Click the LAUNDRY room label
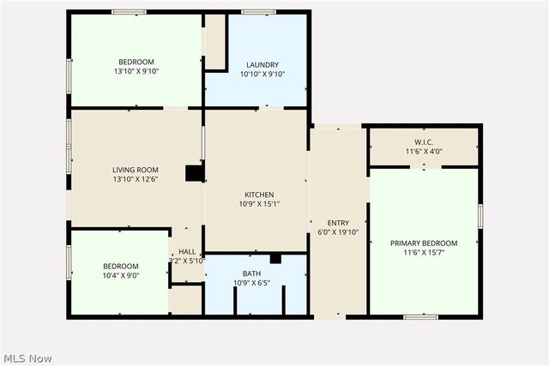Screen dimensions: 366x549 click(262, 64)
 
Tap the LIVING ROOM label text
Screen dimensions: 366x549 click(136, 169)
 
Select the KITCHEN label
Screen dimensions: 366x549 click(259, 194)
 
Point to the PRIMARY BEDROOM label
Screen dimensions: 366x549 click(424, 243)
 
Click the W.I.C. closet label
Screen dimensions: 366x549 click(424, 141)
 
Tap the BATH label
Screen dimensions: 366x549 click(251, 273)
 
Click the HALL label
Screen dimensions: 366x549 click(187, 252)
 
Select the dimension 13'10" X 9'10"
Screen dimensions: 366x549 click(136, 72)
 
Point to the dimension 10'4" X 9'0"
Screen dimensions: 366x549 click(120, 276)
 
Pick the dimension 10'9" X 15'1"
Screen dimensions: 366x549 click(259, 204)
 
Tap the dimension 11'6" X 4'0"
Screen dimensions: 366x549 click(424, 152)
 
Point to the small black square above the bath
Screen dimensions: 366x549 click(275, 258)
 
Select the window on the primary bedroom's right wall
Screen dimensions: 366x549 click(480, 216)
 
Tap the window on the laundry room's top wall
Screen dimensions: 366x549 click(256, 12)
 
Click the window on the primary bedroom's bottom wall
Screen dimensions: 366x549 click(420, 317)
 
